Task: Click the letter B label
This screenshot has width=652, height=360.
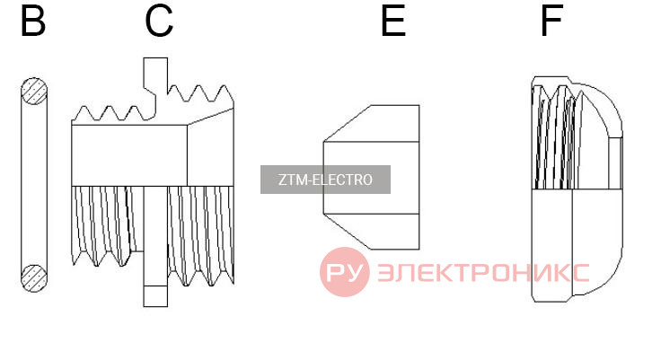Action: pos(33,21)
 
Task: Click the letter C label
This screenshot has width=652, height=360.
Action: pos(159,21)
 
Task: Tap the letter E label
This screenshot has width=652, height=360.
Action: pos(393,21)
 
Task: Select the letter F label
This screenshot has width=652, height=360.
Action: pos(551,21)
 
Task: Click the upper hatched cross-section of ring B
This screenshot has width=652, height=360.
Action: pos(34,91)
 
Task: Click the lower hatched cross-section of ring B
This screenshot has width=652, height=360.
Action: pos(34,278)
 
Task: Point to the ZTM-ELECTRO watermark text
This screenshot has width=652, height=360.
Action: pos(325,180)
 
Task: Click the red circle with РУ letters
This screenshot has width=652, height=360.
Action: pos(344,272)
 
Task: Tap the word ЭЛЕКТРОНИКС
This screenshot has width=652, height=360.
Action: pos(483,273)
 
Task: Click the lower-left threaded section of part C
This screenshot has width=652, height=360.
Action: pos(107,225)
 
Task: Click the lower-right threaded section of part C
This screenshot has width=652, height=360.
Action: pos(201,235)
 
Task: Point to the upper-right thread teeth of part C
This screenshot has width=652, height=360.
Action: pos(200,94)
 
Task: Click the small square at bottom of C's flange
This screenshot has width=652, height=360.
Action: pos(155,296)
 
